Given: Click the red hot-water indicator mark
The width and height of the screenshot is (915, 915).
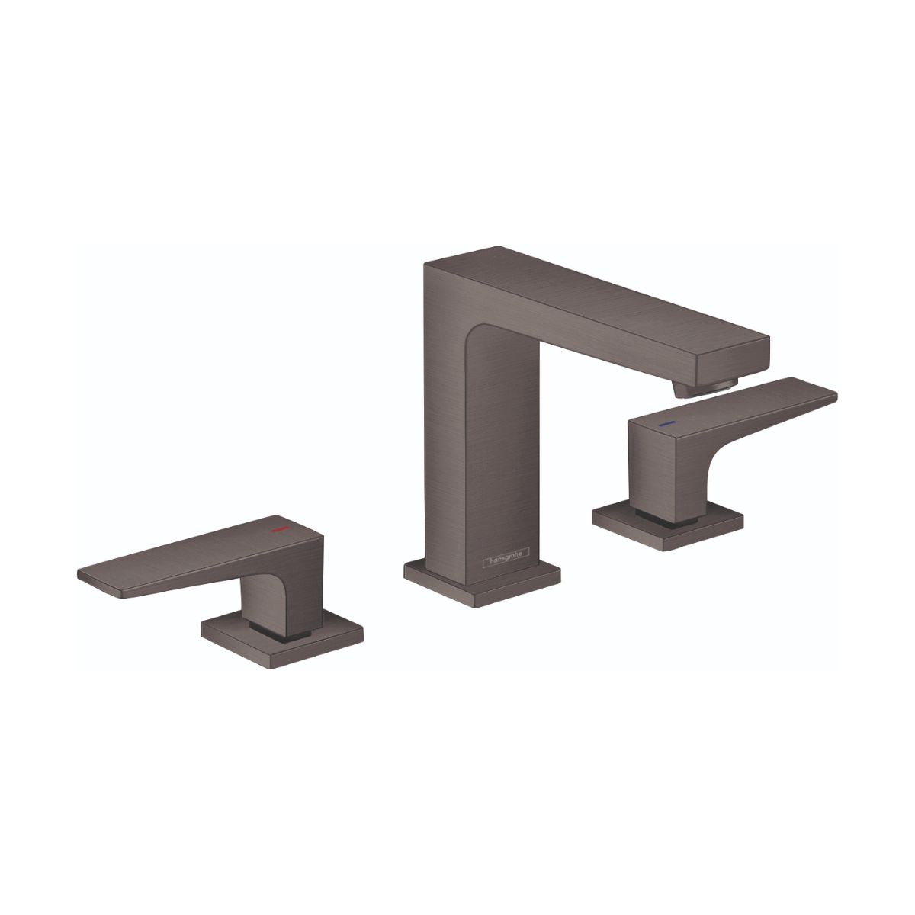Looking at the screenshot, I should [282, 528].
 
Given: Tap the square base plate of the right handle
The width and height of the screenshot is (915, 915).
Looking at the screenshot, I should [668, 527].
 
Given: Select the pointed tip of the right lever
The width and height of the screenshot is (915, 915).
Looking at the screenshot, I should [834, 396].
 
